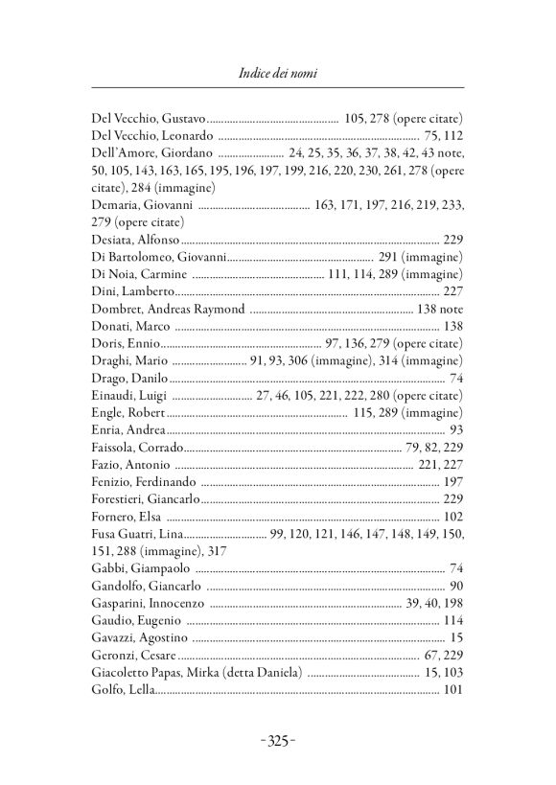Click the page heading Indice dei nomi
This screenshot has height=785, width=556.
point(277,72)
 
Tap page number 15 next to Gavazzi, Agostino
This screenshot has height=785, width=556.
point(457,636)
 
